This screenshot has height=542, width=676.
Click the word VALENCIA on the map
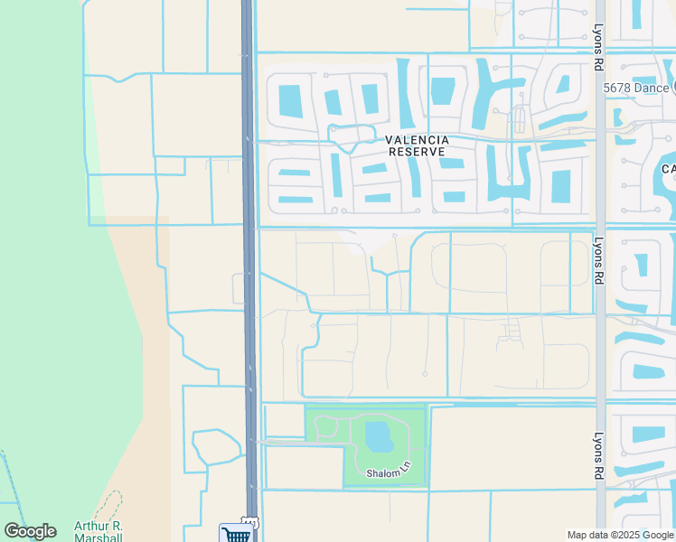[417, 140]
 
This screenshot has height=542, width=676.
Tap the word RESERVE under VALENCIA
[417, 152]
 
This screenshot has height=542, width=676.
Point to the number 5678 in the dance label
[619, 88]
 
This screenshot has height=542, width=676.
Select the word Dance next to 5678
[653, 88]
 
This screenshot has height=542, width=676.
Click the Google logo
[30, 531]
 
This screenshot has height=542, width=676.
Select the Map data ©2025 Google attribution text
[621, 535]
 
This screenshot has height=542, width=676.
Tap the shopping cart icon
[235, 533]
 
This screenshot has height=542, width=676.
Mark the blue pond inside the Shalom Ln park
[379, 438]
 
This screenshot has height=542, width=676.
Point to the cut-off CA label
[669, 169]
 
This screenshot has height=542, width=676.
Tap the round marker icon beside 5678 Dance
[674, 88]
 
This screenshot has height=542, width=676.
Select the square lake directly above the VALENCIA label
[443, 90]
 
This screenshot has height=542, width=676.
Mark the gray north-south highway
[249, 271]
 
